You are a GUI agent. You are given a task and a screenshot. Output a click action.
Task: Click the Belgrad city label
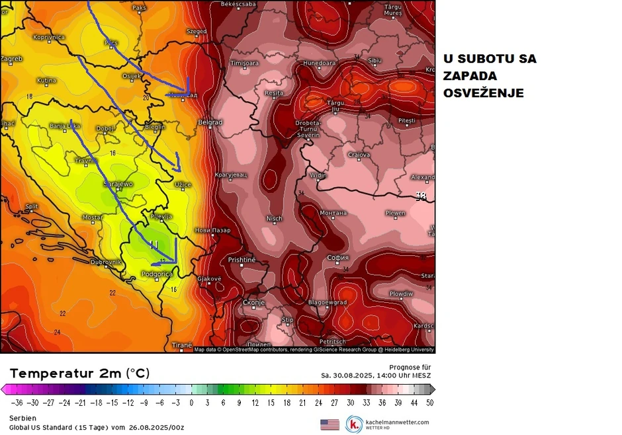pos(210,122)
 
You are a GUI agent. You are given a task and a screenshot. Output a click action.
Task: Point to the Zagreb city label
pos(11,59)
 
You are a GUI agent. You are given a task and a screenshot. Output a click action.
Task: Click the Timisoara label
pos(244,63)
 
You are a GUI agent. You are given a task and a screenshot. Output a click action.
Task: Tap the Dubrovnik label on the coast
pos(106,262)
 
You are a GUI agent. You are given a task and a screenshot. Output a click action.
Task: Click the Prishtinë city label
pos(242,260)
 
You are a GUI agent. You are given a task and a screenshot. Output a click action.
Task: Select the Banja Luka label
pos(65,126)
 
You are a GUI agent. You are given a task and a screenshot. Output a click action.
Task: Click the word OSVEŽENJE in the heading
pos(483,93)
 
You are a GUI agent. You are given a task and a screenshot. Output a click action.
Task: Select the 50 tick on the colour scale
pos(429,402)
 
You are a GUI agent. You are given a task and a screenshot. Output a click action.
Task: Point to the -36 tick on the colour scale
pos(17,402)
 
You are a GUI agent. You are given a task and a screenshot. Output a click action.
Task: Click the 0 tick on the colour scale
pos(191,402)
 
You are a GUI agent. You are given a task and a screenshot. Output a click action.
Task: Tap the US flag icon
pos(330,424)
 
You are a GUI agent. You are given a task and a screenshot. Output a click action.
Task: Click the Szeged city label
pos(197,31)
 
